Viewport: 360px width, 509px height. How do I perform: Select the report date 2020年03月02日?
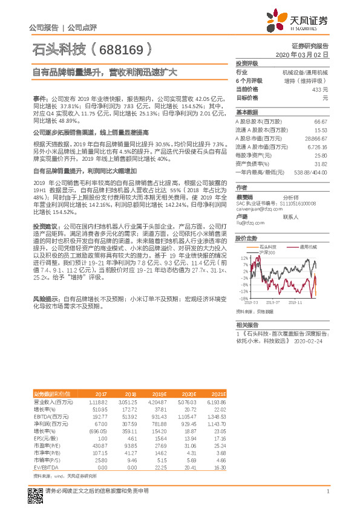[x=306, y=54]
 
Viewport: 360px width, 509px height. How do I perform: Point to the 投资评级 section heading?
[x=247, y=63]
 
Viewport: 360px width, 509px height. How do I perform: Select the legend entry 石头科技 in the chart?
[x=267, y=247]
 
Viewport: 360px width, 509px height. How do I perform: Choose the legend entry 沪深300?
[x=267, y=252]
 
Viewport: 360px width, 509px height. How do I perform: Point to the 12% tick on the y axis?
[x=243, y=258]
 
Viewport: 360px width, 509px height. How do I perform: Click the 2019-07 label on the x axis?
[x=273, y=302]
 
